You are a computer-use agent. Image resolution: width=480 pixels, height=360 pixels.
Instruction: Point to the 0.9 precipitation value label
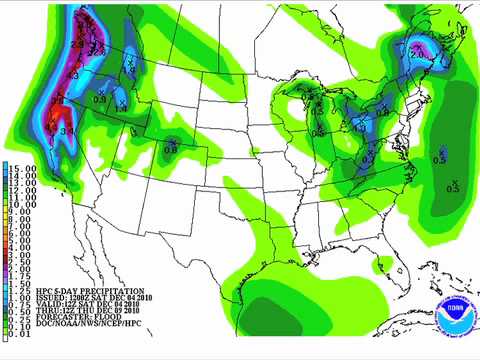click(x=100, y=99)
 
